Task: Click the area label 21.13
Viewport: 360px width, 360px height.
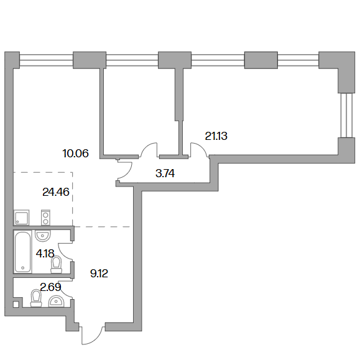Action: coord(216,136)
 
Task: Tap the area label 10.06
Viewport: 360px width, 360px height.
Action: coord(75,154)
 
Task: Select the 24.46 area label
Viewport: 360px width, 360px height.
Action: coord(56,192)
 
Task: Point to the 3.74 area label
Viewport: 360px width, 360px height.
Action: coord(165,173)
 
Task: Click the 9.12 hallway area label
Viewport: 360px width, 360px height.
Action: coord(99,274)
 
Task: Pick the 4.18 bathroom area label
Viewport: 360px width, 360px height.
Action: coord(45,254)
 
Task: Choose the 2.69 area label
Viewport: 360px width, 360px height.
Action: coord(51,287)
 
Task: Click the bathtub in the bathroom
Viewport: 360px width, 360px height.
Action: coord(23,252)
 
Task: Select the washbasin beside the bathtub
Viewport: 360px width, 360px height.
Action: coord(43,236)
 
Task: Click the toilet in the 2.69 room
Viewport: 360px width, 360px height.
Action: coord(36,298)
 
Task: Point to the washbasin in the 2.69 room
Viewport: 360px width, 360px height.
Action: coord(56,302)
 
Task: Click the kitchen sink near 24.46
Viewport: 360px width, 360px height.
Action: coord(22,218)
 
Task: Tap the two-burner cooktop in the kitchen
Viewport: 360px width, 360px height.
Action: coord(45,218)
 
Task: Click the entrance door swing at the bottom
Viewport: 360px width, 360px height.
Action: coord(92,336)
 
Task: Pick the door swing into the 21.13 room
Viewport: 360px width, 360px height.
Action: coord(200,149)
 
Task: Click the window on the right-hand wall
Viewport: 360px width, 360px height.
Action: coord(346,115)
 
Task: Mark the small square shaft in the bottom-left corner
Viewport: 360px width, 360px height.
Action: coord(16,305)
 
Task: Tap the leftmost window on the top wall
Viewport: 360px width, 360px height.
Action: coord(46,60)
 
